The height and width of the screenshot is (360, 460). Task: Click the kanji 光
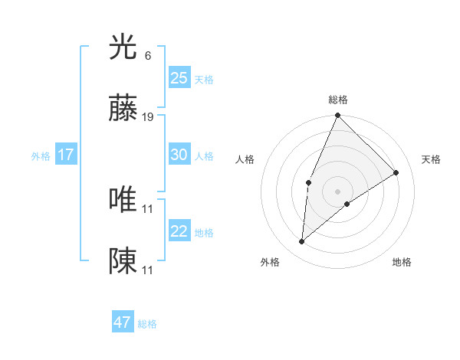[123, 47]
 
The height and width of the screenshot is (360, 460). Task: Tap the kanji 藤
[123, 110]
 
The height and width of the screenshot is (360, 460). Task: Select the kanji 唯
[123, 199]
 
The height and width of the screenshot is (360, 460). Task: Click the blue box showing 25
[179, 77]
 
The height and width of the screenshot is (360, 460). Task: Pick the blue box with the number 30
[179, 155]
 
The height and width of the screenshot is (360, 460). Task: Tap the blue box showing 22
[179, 231]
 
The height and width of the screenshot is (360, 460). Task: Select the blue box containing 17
[65, 155]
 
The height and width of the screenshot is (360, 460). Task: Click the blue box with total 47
[122, 322]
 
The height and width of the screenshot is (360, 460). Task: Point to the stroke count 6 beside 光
[147, 55]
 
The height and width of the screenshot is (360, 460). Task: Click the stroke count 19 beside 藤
[148, 117]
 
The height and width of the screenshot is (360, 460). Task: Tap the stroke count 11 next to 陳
[148, 270]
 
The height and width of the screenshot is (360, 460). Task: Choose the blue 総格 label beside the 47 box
[147, 324]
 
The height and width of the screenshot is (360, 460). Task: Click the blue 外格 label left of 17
[41, 156]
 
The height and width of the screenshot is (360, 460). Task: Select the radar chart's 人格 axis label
[245, 159]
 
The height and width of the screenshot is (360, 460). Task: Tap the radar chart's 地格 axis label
[402, 262]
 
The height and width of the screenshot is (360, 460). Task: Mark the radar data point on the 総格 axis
[337, 116]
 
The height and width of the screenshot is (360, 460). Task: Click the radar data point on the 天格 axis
[396, 172]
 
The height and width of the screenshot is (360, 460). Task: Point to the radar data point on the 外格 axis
[302, 241]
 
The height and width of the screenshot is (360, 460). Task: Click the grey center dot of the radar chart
[337, 191]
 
